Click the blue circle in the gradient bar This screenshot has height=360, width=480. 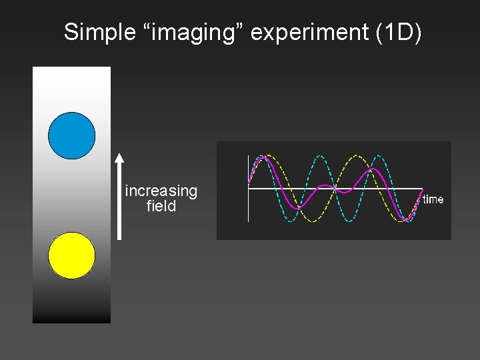(x=72, y=135)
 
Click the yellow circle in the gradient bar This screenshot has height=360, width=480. (x=72, y=255)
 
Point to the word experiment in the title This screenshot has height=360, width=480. (x=311, y=32)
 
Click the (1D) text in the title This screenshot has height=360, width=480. (x=399, y=32)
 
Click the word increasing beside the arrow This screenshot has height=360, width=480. (x=161, y=191)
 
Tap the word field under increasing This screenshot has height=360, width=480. (x=161, y=207)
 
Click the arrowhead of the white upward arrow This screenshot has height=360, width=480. (x=119, y=159)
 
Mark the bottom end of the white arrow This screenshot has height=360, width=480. (x=119, y=237)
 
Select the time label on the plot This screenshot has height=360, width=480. (x=433, y=199)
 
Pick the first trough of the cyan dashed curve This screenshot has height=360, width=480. (x=291, y=221)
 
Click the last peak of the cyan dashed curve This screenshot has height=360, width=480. (x=379, y=156)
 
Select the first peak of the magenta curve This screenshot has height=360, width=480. (x=264, y=158)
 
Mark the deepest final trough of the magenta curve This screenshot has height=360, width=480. (x=405, y=219)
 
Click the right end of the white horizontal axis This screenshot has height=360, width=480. (x=422, y=189)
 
